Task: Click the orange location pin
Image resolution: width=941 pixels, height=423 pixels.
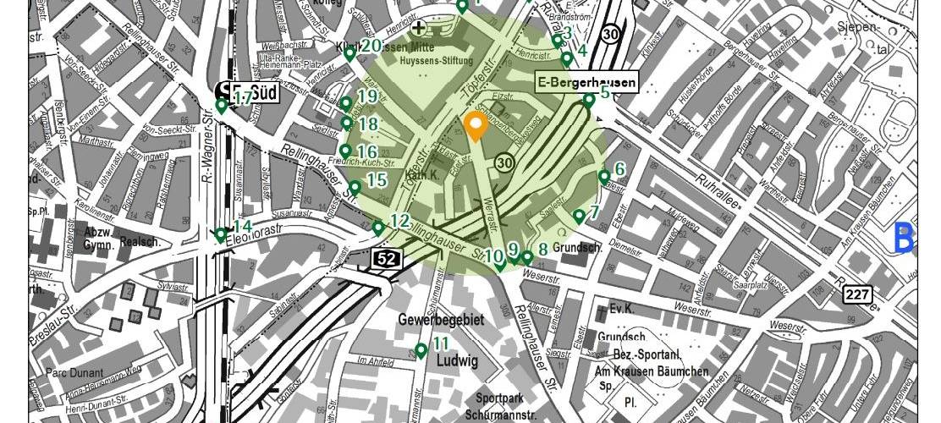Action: (x=475, y=126)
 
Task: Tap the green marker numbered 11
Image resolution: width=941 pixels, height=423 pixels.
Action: (x=421, y=350)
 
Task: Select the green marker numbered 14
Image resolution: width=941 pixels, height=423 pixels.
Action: (x=221, y=234)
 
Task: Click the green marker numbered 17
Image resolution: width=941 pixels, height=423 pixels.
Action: (x=222, y=106)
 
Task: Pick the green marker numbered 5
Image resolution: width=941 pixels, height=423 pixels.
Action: (x=589, y=101)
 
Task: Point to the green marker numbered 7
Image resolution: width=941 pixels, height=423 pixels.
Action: (x=579, y=217)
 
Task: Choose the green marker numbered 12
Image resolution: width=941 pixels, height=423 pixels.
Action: (x=378, y=228)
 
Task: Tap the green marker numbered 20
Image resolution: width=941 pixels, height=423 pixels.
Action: (x=349, y=53)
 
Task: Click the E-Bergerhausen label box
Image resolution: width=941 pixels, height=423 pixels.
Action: (x=587, y=81)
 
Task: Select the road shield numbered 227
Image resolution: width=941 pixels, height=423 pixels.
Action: (x=856, y=294)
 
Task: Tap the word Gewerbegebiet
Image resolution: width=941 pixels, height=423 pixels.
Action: (x=441, y=321)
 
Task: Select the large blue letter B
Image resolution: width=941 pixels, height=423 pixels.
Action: (x=903, y=238)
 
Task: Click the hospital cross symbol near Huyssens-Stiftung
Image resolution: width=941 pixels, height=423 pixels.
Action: (x=418, y=28)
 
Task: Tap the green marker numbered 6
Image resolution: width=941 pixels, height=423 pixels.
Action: (x=604, y=177)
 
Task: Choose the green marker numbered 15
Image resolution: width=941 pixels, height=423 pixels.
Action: (x=355, y=187)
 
